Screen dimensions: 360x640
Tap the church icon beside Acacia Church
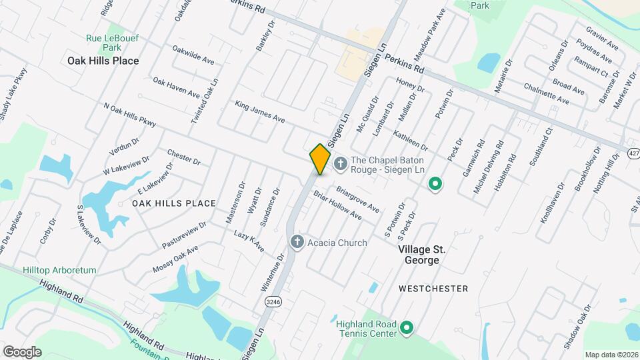pos(297,243)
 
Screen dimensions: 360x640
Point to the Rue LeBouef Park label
pos(112,43)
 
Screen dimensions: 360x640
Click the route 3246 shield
pos(273,301)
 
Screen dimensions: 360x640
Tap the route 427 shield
pos(633,153)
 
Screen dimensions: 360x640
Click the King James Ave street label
pos(259,112)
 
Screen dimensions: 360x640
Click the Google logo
pos(22,351)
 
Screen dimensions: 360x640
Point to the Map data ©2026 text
pos(611,355)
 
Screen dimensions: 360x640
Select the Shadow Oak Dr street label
pos(577,327)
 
